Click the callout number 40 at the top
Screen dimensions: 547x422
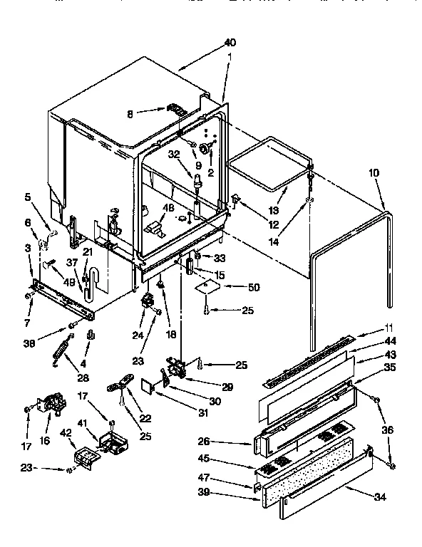(x=229, y=42)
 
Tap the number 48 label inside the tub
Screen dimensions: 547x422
(x=169, y=208)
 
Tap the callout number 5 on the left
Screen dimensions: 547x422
(x=27, y=197)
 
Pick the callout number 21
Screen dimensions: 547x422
(x=88, y=252)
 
